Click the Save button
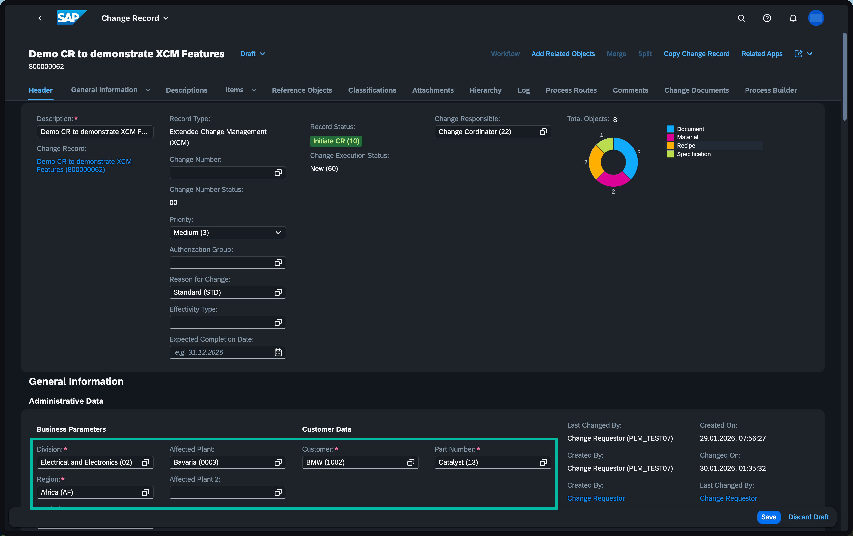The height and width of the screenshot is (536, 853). tap(768, 517)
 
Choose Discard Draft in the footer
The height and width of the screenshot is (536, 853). tap(808, 517)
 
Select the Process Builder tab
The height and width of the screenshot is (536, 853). tap(770, 90)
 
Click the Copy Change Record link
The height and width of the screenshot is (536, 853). tap(696, 54)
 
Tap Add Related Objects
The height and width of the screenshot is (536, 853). tap(563, 54)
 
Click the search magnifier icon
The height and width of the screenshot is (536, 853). tap(741, 18)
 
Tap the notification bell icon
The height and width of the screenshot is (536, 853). tap(793, 18)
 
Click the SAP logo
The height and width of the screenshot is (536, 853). tap(72, 18)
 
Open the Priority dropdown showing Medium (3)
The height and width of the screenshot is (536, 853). tap(227, 233)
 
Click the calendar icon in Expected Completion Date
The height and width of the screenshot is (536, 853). tap(278, 352)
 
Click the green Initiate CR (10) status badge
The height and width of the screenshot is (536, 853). tap(336, 141)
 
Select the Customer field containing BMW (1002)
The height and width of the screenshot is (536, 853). tap(360, 462)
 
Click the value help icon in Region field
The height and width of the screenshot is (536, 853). tap(145, 492)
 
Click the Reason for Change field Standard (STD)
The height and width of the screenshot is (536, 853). tap(227, 292)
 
